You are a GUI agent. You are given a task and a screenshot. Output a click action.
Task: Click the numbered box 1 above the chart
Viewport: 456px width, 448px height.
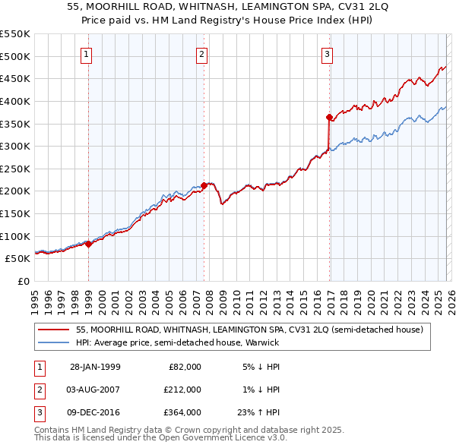[x=87, y=54]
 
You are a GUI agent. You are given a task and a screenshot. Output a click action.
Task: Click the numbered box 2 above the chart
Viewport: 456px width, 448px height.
[x=202, y=54]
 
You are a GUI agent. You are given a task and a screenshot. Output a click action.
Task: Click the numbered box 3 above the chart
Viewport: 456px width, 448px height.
[x=327, y=54]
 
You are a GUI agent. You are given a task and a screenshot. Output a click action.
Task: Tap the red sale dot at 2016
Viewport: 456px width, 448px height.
[x=329, y=117]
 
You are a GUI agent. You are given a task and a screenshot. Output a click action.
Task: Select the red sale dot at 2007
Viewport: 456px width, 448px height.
[x=204, y=185]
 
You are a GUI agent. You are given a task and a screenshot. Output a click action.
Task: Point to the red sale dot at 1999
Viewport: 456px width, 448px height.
[x=89, y=244]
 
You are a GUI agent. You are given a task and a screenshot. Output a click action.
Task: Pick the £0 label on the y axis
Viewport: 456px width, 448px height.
[x=22, y=281]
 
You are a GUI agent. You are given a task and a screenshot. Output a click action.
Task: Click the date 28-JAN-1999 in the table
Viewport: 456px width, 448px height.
[x=95, y=367]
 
